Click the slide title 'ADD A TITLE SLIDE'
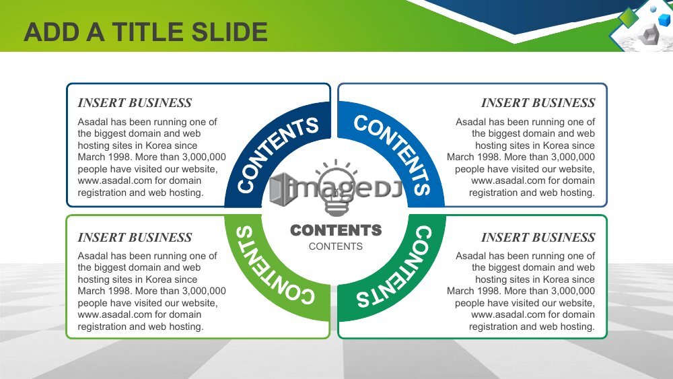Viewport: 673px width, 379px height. click(x=146, y=32)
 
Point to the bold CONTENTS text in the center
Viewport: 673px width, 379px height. click(x=336, y=230)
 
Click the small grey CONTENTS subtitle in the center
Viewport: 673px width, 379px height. click(x=336, y=246)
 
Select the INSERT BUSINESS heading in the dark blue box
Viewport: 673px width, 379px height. click(x=135, y=102)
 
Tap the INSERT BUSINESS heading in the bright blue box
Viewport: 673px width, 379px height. click(x=538, y=102)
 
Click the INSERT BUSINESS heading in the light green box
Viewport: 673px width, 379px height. click(x=135, y=237)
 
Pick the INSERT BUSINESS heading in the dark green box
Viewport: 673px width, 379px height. click(x=538, y=237)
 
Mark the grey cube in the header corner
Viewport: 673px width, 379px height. click(x=649, y=34)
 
